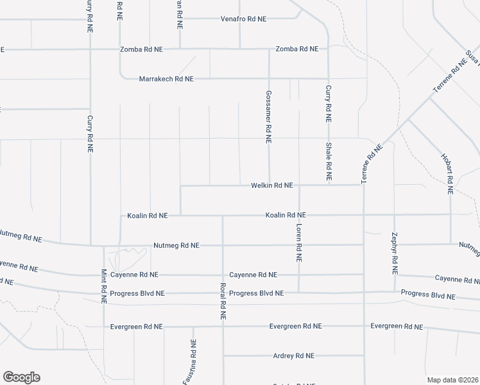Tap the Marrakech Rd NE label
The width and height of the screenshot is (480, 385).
point(166,79)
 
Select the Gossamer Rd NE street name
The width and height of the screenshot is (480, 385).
point(269,116)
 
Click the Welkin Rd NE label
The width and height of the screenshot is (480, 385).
point(271,185)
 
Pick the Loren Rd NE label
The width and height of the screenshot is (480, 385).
point(299,243)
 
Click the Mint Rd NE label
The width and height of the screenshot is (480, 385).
point(103,285)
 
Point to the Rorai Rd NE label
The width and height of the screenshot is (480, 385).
point(223,302)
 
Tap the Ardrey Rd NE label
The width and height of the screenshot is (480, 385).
point(293,355)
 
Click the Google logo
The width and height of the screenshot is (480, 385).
point(21,377)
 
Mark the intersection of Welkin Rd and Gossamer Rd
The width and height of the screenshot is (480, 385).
point(269,185)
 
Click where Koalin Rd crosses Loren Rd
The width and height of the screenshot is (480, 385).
point(299,215)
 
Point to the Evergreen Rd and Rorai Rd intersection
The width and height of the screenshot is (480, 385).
point(223,326)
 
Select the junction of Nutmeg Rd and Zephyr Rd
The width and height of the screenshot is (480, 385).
point(394,244)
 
